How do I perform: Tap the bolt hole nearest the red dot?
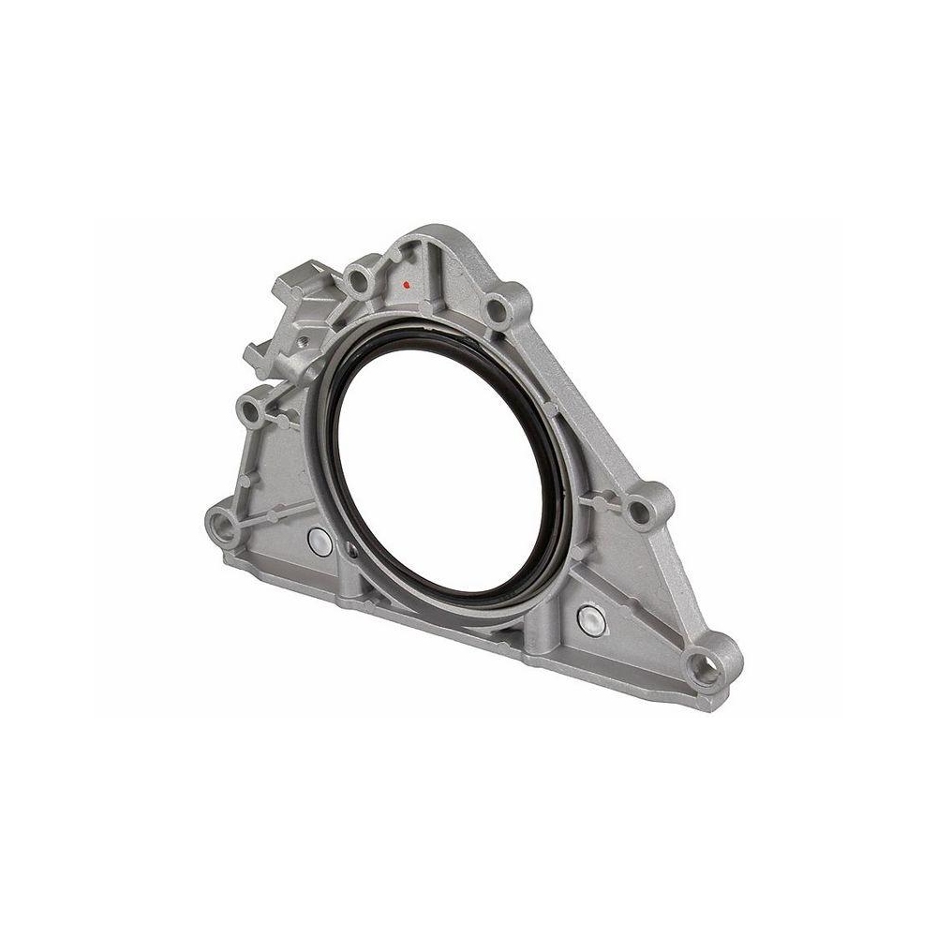[x=360, y=277]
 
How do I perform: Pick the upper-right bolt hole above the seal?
[x=498, y=306]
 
